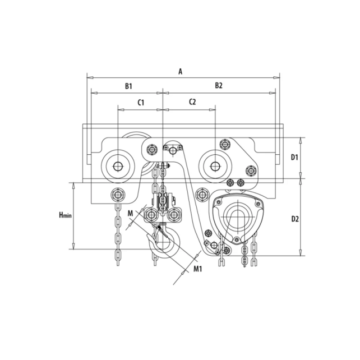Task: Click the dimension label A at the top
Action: point(180,71)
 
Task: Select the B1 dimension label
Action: point(128,86)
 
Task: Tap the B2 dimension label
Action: point(219,86)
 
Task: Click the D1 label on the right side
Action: point(294,158)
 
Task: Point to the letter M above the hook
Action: point(130,213)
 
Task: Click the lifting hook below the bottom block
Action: point(163,242)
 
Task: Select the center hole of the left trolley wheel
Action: point(118,166)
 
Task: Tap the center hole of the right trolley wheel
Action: point(215,166)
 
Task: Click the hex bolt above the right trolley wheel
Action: point(225,145)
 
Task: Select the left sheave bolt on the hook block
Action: point(151,216)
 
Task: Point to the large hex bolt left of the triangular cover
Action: point(201,196)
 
